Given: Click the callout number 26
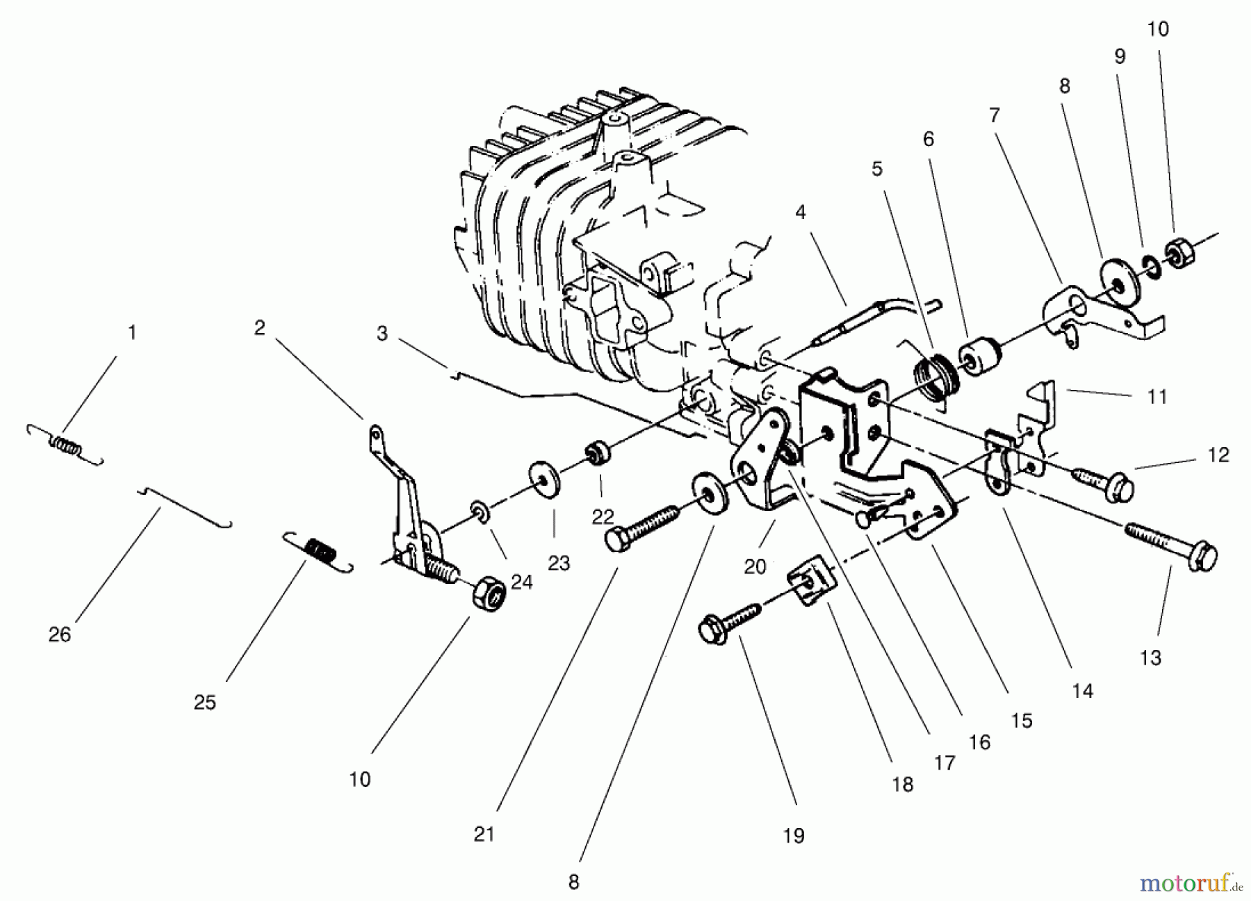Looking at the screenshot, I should pyautogui.click(x=60, y=634).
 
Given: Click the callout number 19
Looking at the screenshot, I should pyautogui.click(x=793, y=835).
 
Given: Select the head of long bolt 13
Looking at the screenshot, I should pyautogui.click(x=1203, y=558).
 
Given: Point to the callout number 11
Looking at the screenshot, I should pyautogui.click(x=1156, y=397).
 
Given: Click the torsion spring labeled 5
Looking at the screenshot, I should pyautogui.click(x=935, y=380).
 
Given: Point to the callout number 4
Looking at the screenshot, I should pyautogui.click(x=801, y=212).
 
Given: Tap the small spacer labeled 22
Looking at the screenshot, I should pyautogui.click(x=596, y=454).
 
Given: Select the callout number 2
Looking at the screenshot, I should pyautogui.click(x=259, y=327).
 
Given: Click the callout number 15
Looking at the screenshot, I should pyautogui.click(x=1021, y=720).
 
